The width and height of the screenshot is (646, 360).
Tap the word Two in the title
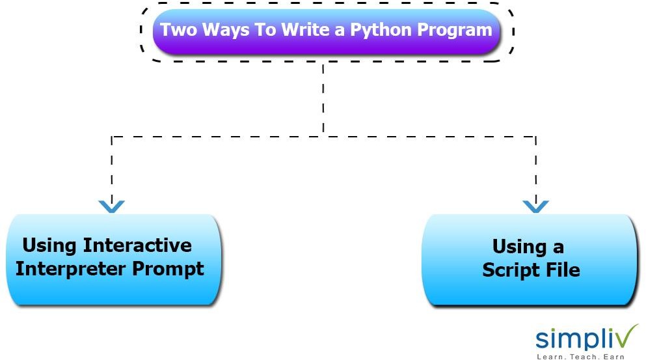(x=177, y=30)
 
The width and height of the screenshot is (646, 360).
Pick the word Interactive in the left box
(x=137, y=245)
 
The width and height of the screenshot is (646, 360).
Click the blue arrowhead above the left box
(x=111, y=207)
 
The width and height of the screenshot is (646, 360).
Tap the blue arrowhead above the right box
(x=535, y=207)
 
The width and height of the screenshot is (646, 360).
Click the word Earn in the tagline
(x=613, y=356)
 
